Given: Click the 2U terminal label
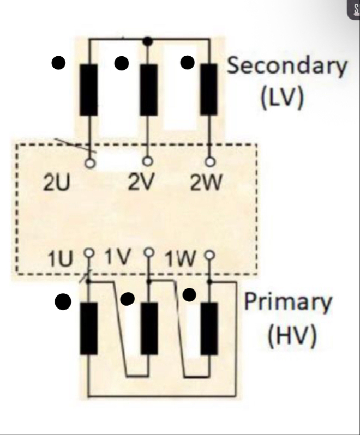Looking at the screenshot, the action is pyautogui.click(x=57, y=183).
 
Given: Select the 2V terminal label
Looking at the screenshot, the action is pyautogui.click(x=141, y=183).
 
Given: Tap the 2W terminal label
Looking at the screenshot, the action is pyautogui.click(x=206, y=183).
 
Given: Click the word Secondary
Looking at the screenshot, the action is pyautogui.click(x=287, y=66).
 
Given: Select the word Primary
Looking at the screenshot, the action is pyautogui.click(x=288, y=301).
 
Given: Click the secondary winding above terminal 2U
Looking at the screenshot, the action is pyautogui.click(x=89, y=89).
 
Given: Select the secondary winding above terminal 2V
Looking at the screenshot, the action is pyautogui.click(x=148, y=89).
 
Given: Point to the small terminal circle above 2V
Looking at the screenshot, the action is pyautogui.click(x=147, y=161).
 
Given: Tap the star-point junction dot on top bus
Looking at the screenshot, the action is pyautogui.click(x=147, y=41).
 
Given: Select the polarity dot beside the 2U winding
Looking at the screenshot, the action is pyautogui.click(x=58, y=63).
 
